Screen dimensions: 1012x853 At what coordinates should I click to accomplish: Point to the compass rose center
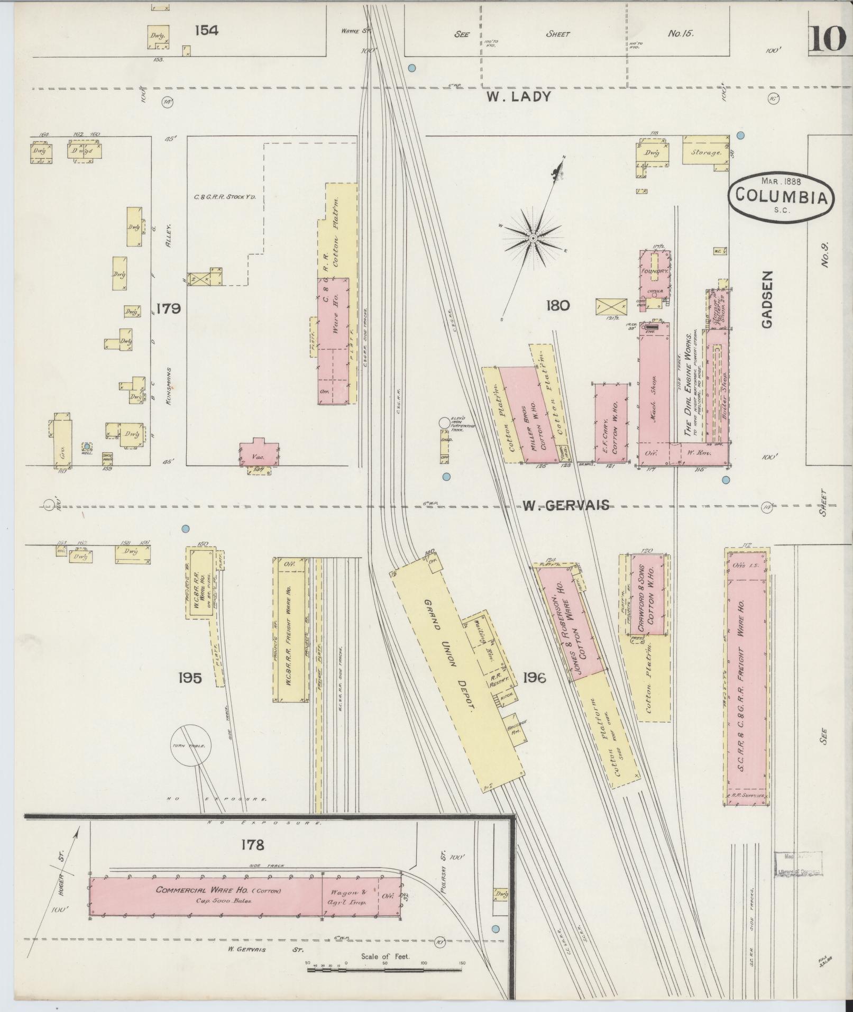tap(534, 239)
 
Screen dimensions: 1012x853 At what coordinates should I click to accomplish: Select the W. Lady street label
tap(519, 97)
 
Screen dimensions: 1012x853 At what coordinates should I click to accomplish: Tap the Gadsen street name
tap(767, 299)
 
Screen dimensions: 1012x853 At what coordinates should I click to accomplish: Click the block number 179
tap(169, 308)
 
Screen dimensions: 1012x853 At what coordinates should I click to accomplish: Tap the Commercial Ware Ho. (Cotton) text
tap(218, 890)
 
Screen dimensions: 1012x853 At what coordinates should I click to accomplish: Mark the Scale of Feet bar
tap(386, 970)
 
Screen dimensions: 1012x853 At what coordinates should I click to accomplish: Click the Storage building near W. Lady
tap(705, 152)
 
